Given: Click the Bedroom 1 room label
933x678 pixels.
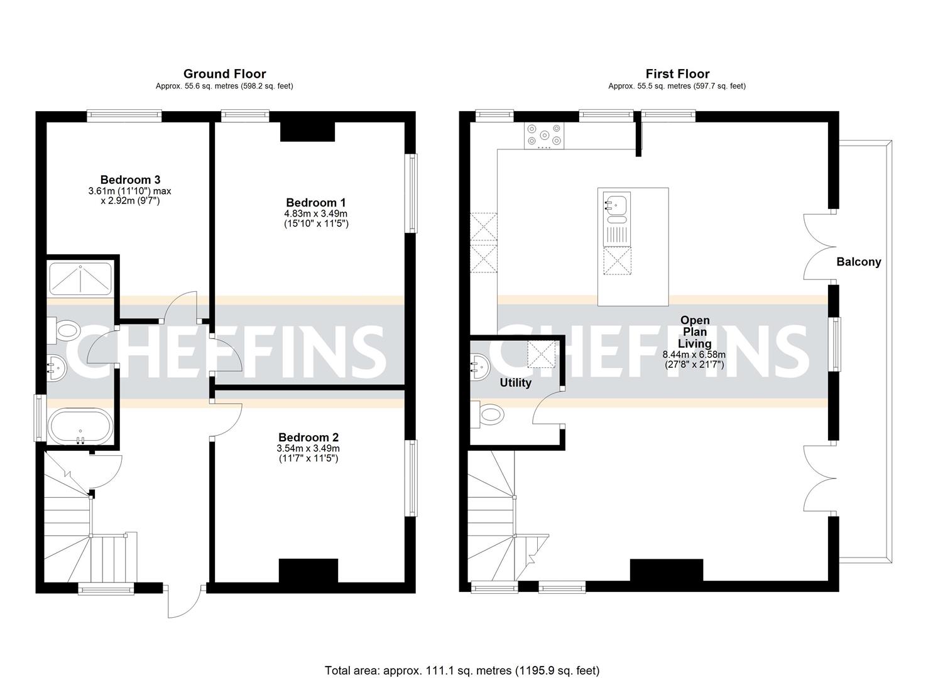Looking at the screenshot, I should (x=316, y=203).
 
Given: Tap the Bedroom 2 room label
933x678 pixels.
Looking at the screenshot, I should (x=308, y=438).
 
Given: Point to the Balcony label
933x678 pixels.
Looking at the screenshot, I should (x=858, y=262).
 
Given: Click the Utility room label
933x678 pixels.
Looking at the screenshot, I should (x=515, y=382).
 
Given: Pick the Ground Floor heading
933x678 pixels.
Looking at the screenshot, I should (x=224, y=74).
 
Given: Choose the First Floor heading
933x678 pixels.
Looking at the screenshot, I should (x=677, y=74).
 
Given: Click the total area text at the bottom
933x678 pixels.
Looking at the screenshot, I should (x=462, y=670).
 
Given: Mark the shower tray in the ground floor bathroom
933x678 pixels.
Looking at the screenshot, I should (x=80, y=279).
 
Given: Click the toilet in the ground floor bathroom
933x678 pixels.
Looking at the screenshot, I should (x=65, y=330).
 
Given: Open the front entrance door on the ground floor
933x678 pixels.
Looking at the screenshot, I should (x=184, y=601).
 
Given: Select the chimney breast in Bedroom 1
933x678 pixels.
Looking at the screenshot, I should (x=307, y=132).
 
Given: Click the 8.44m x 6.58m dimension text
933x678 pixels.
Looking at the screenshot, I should (x=694, y=354).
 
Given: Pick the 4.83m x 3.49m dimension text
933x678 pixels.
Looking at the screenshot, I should (x=316, y=213).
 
